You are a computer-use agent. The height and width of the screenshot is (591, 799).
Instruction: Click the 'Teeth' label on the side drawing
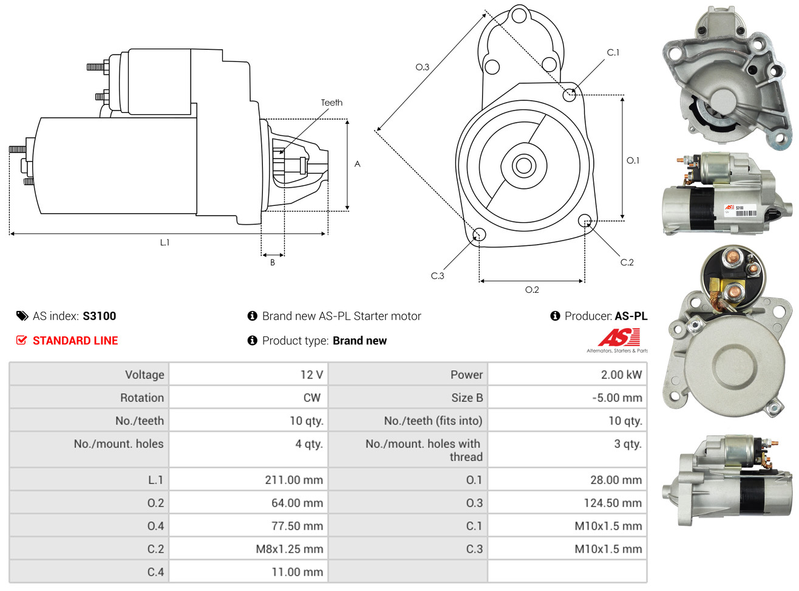pos(331,103)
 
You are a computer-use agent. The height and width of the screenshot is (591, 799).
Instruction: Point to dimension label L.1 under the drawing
pos(165,242)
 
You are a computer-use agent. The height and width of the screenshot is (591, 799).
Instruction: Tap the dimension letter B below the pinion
pos(273,262)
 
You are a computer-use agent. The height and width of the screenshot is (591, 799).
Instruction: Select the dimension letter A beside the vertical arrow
pos(357,164)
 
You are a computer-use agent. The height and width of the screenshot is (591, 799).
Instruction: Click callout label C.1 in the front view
pos(613,53)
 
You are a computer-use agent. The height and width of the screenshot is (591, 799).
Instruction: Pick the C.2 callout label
pos(627,262)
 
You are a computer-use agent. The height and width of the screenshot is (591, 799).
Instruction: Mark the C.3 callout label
pos(437,276)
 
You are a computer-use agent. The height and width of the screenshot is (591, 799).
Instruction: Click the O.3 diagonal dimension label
pos(422,67)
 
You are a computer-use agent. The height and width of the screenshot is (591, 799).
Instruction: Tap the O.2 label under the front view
pos(532,290)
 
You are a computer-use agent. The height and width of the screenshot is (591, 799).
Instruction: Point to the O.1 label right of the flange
pos(633,160)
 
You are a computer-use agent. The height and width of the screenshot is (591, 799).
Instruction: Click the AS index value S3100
pos(99,316)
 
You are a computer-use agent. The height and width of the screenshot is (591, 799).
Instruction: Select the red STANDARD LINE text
pos(75,341)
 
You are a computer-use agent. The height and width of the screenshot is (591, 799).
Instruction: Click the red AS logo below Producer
pos(619,338)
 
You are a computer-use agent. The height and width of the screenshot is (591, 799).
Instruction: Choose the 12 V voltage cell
pos(311,375)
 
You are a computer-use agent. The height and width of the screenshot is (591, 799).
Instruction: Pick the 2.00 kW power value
pos(621,375)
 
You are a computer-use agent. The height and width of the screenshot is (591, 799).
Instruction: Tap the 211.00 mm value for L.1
pos(294,480)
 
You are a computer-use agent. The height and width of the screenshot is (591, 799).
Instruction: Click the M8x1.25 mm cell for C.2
pos(289,549)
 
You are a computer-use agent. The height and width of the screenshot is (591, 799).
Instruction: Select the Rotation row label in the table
pos(142,398)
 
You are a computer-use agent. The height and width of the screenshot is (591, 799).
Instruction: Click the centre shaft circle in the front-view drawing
pos(523,165)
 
